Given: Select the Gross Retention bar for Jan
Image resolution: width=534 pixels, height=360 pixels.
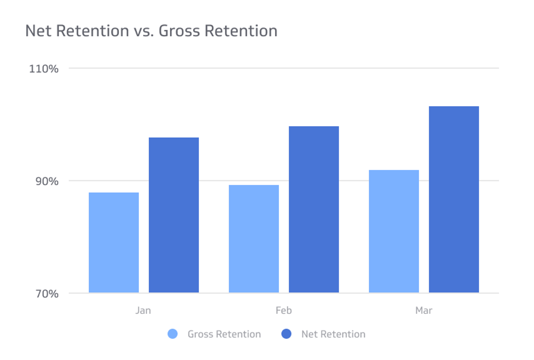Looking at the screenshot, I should pos(114,242).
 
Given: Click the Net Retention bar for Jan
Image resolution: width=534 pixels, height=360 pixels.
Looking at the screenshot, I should pos(174,215).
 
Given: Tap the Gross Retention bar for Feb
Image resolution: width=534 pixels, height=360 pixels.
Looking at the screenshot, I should pos(254,239).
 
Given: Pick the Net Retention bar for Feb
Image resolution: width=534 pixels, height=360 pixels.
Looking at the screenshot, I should pos(314,209).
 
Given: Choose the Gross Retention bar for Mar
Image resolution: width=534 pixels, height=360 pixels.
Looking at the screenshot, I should pos(394,231).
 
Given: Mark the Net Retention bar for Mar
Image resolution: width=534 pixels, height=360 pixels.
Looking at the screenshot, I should pos(454,199).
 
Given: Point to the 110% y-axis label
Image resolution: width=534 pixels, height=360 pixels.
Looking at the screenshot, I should pos(44,69).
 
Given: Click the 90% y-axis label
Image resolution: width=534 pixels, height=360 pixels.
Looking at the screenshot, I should pos(47,181).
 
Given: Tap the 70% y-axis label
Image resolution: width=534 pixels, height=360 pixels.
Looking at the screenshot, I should pos(47,294).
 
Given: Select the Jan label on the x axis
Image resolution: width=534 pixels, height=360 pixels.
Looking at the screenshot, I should pos(143,311).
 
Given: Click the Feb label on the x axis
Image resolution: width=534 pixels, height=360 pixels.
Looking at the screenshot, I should pos(284,311).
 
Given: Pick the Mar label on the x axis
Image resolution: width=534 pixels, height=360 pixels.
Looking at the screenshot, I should pos(424,311).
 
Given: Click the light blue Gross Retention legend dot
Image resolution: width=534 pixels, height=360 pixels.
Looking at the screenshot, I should pos(172,334).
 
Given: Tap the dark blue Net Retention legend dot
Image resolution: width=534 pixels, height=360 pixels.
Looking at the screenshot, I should pos(286,334).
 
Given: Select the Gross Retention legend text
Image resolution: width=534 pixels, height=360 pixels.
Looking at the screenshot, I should pos(224,334).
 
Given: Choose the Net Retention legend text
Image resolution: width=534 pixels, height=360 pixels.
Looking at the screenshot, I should pos(333,334).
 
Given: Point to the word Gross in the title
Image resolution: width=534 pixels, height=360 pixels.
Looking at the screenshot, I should pos(179,31).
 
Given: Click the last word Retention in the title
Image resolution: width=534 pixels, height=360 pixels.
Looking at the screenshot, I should pos(241,31).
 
